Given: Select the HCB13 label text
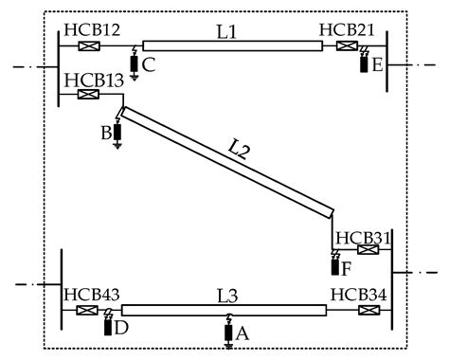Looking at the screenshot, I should pos(95,80).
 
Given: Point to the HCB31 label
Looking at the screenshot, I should pos(365,236).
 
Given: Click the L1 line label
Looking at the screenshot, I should pos(226,30).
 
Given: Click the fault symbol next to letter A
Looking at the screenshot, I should pos(227,332).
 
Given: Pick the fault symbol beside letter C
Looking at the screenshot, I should pos(134,63).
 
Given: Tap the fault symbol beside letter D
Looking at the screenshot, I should pos(108,325).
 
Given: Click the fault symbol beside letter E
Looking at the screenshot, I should pos(365,63).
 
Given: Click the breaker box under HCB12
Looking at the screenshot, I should pos(91,45).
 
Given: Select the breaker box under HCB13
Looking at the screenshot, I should pos(95,94).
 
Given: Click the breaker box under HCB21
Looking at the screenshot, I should pos(348,45).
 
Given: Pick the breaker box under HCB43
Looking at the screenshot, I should pos(87,310).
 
